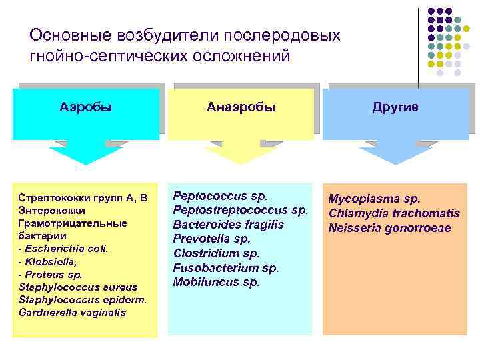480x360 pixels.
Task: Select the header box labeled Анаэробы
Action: (241, 107)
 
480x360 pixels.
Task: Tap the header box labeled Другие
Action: (395, 107)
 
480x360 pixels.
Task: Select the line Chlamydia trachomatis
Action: (394, 213)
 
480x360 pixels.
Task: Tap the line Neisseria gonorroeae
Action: (389, 228)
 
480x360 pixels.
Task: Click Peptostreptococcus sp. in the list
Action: (241, 210)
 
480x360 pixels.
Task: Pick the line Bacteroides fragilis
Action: (228, 225)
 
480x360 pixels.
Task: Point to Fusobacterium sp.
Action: (226, 267)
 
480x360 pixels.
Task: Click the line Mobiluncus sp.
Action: (216, 282)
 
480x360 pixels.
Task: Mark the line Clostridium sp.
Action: (216, 253)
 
